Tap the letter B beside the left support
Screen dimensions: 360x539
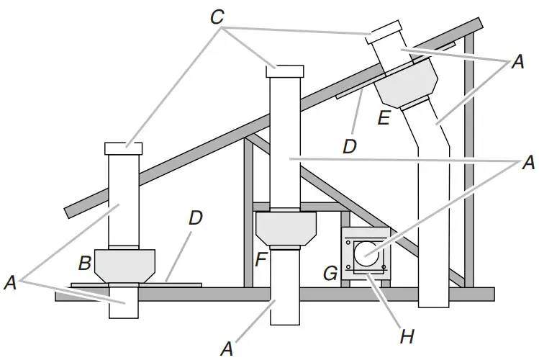pos(84,264)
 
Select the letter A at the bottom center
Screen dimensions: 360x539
pos(227,348)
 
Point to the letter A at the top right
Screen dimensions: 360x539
pos(515,63)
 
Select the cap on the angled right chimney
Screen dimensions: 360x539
pos(386,32)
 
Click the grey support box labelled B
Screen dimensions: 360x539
pos(126,264)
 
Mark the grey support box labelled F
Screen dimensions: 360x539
pos(287,229)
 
